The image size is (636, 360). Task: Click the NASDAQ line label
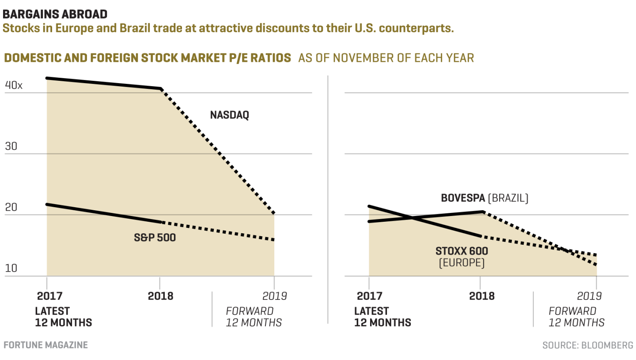point(229,116)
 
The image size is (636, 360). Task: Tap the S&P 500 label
point(155,238)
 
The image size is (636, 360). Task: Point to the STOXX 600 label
point(462,251)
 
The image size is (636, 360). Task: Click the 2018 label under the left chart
point(160,296)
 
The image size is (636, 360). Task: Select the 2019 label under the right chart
point(589,296)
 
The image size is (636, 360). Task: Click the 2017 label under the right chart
point(369,296)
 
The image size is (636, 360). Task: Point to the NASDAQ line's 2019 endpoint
point(274,213)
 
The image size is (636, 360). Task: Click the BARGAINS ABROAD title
point(55,14)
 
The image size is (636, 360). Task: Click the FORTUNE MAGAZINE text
point(45,345)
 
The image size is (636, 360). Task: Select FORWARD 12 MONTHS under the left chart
point(254,317)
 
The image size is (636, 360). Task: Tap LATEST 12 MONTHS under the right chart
point(382,317)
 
